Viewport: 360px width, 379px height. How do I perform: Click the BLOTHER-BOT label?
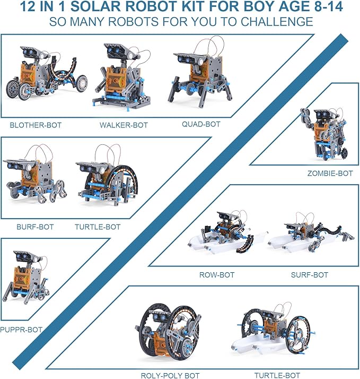click(x=36, y=125)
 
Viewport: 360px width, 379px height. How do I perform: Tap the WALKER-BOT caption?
click(x=124, y=125)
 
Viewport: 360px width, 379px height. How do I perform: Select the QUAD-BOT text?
click(x=200, y=124)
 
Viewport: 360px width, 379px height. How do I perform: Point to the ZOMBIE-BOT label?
click(x=330, y=173)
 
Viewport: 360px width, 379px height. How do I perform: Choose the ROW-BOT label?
click(x=216, y=275)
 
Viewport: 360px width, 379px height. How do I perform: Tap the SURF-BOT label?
click(x=309, y=275)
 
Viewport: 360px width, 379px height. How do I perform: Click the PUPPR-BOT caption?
click(x=21, y=330)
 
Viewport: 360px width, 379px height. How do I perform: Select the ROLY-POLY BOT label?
click(x=170, y=375)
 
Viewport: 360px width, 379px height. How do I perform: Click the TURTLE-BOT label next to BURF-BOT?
click(x=98, y=227)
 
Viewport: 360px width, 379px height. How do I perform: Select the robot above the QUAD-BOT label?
click(x=199, y=80)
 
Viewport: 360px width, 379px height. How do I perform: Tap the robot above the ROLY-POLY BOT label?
click(x=169, y=334)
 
